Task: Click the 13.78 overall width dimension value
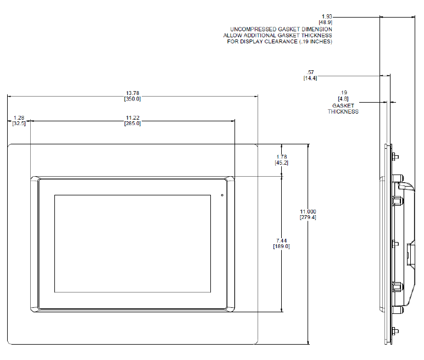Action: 133,93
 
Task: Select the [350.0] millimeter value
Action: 133,99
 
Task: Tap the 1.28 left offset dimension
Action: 19,118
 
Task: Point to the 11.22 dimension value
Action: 133,118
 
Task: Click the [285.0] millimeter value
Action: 133,124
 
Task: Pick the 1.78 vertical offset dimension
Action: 282,156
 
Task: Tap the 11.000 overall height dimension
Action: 308,211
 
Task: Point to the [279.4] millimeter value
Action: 308,217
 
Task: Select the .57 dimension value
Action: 310,72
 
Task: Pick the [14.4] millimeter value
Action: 310,78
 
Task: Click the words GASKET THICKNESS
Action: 343,108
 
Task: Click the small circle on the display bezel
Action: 222,195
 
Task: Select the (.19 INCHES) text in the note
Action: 314,42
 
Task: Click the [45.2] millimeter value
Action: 282,162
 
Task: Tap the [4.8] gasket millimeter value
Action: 344,99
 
